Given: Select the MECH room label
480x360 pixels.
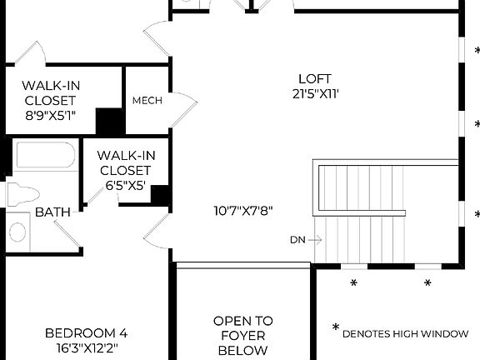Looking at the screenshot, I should (x=147, y=101).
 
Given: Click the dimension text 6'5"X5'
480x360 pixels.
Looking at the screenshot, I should (x=126, y=187).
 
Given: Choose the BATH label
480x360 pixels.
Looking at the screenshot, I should (x=52, y=212).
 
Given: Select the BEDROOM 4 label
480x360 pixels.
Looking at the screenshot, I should (x=86, y=333).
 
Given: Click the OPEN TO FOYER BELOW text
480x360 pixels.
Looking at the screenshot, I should (x=242, y=335).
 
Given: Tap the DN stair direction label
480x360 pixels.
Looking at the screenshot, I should (x=297, y=240).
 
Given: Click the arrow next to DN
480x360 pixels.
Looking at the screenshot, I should (x=314, y=240).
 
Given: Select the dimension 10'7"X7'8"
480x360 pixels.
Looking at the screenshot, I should (x=242, y=211).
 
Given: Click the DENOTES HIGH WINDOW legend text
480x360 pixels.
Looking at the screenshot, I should (x=406, y=333).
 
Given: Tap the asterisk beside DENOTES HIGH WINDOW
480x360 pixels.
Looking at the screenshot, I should (x=336, y=328).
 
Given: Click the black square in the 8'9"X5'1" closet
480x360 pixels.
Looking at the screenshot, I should (x=109, y=122).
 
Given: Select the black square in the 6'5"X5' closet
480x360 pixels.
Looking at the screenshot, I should (x=160, y=195).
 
